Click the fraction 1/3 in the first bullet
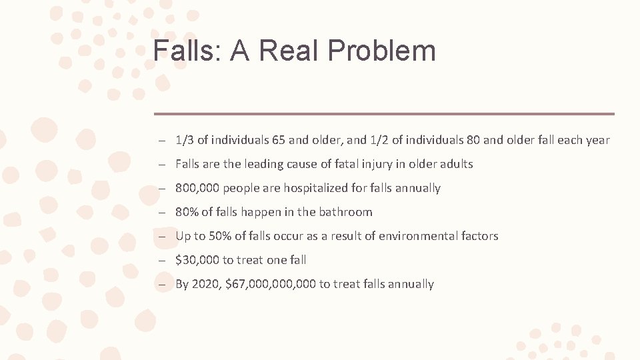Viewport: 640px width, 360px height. (185, 140)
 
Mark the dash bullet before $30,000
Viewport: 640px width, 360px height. (162, 260)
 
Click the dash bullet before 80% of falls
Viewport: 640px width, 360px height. (162, 212)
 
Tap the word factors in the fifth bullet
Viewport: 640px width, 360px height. (479, 236)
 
